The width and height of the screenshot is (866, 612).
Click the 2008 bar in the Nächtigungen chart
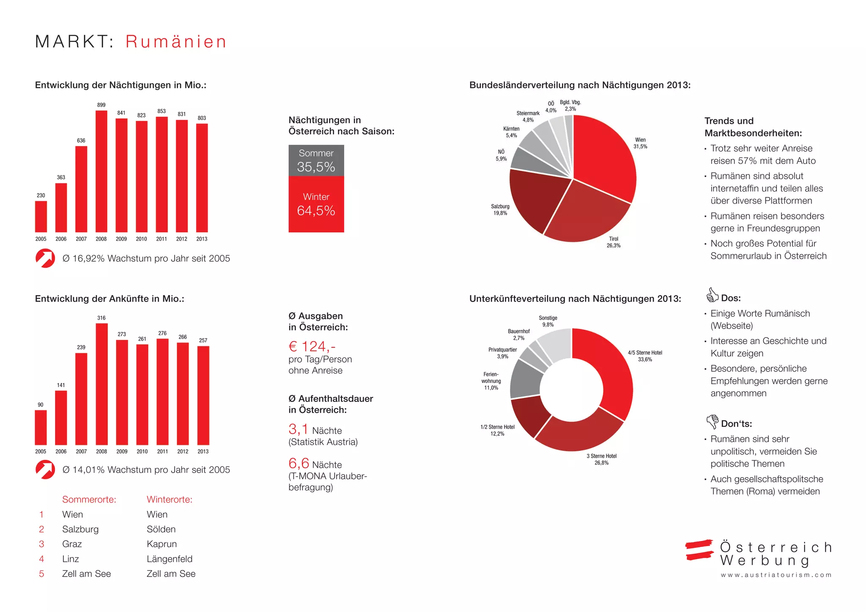point(101,171)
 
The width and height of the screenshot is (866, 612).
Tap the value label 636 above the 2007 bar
point(81,140)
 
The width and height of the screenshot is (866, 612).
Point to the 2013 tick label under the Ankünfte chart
point(203,451)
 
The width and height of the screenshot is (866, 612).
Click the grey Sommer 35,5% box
point(316,161)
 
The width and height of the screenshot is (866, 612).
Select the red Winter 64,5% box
point(316,204)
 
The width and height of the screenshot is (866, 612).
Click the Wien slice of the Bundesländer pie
point(603,156)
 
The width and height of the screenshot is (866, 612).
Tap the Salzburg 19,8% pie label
point(500,210)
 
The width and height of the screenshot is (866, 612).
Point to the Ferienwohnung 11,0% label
point(491,381)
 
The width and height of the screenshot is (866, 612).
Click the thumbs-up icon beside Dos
point(712,295)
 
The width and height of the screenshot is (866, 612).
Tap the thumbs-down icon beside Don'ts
point(712,421)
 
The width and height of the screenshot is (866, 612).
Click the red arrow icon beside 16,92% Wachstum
point(45,258)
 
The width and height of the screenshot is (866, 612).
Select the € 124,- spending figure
point(312,347)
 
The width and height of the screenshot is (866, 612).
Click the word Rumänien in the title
point(176,42)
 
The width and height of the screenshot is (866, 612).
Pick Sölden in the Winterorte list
point(161,529)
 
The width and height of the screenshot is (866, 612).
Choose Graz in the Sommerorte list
point(72,544)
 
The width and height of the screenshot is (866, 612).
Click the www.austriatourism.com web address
point(776,575)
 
